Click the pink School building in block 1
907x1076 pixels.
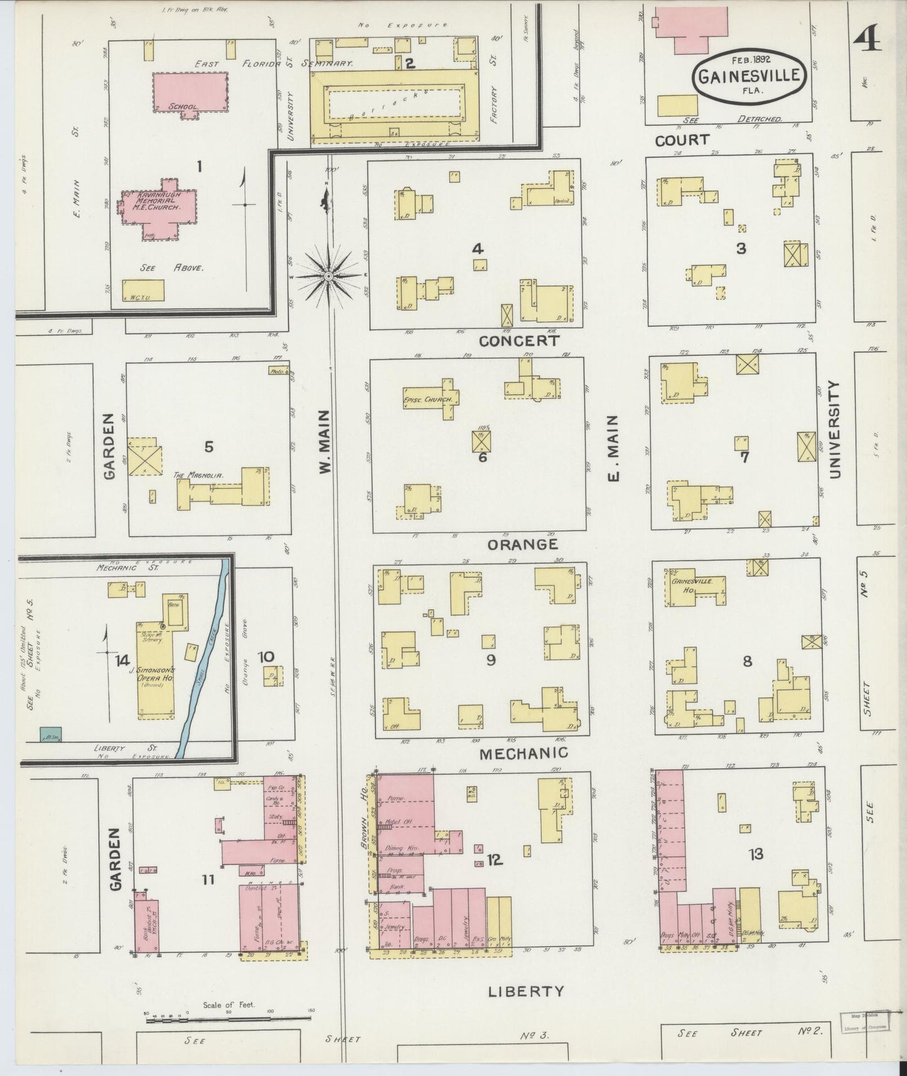click(x=190, y=92)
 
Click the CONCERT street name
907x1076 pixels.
click(x=518, y=341)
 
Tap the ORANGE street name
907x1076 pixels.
click(x=522, y=544)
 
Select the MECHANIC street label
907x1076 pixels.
click(x=523, y=753)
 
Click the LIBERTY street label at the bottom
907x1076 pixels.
click(x=526, y=991)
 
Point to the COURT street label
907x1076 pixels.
click(x=682, y=140)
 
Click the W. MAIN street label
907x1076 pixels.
click(x=325, y=441)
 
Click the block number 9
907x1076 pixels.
click(x=491, y=660)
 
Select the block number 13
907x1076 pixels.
click(x=756, y=854)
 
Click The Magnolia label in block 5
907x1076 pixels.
click(x=198, y=475)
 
